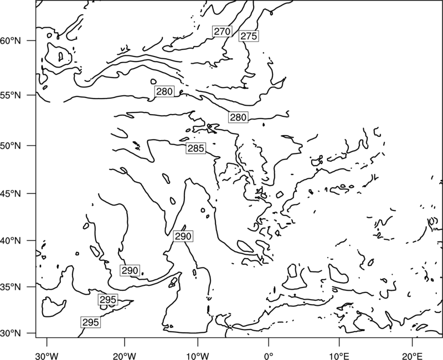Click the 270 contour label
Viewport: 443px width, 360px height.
pos(222,32)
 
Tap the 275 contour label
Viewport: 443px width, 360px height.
pos(249,36)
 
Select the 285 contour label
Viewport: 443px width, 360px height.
pos(196,148)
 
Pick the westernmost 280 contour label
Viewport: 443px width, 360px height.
pos(164,91)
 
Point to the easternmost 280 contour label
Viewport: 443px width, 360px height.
pos(238,117)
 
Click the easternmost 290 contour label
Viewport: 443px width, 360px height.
pos(183,236)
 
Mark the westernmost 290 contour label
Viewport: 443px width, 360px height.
pos(130,270)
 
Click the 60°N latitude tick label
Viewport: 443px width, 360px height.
pos(11,41)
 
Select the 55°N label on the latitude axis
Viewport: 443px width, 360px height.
pos(11,95)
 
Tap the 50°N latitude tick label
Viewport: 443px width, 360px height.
pos(11,146)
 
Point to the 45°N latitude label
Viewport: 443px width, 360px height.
pos(11,193)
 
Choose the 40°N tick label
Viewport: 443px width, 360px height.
pos(11,241)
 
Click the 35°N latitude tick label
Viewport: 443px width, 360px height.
pos(11,287)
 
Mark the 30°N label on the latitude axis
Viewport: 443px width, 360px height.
pos(11,333)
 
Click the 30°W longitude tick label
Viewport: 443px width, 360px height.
pos(47,356)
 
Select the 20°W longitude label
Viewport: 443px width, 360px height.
pos(124,356)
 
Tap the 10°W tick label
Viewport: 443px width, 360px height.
pos(198,356)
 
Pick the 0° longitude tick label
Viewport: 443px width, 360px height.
pos(269,356)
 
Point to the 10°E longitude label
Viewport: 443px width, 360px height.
pos(339,356)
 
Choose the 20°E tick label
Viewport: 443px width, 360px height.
pos(412,356)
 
